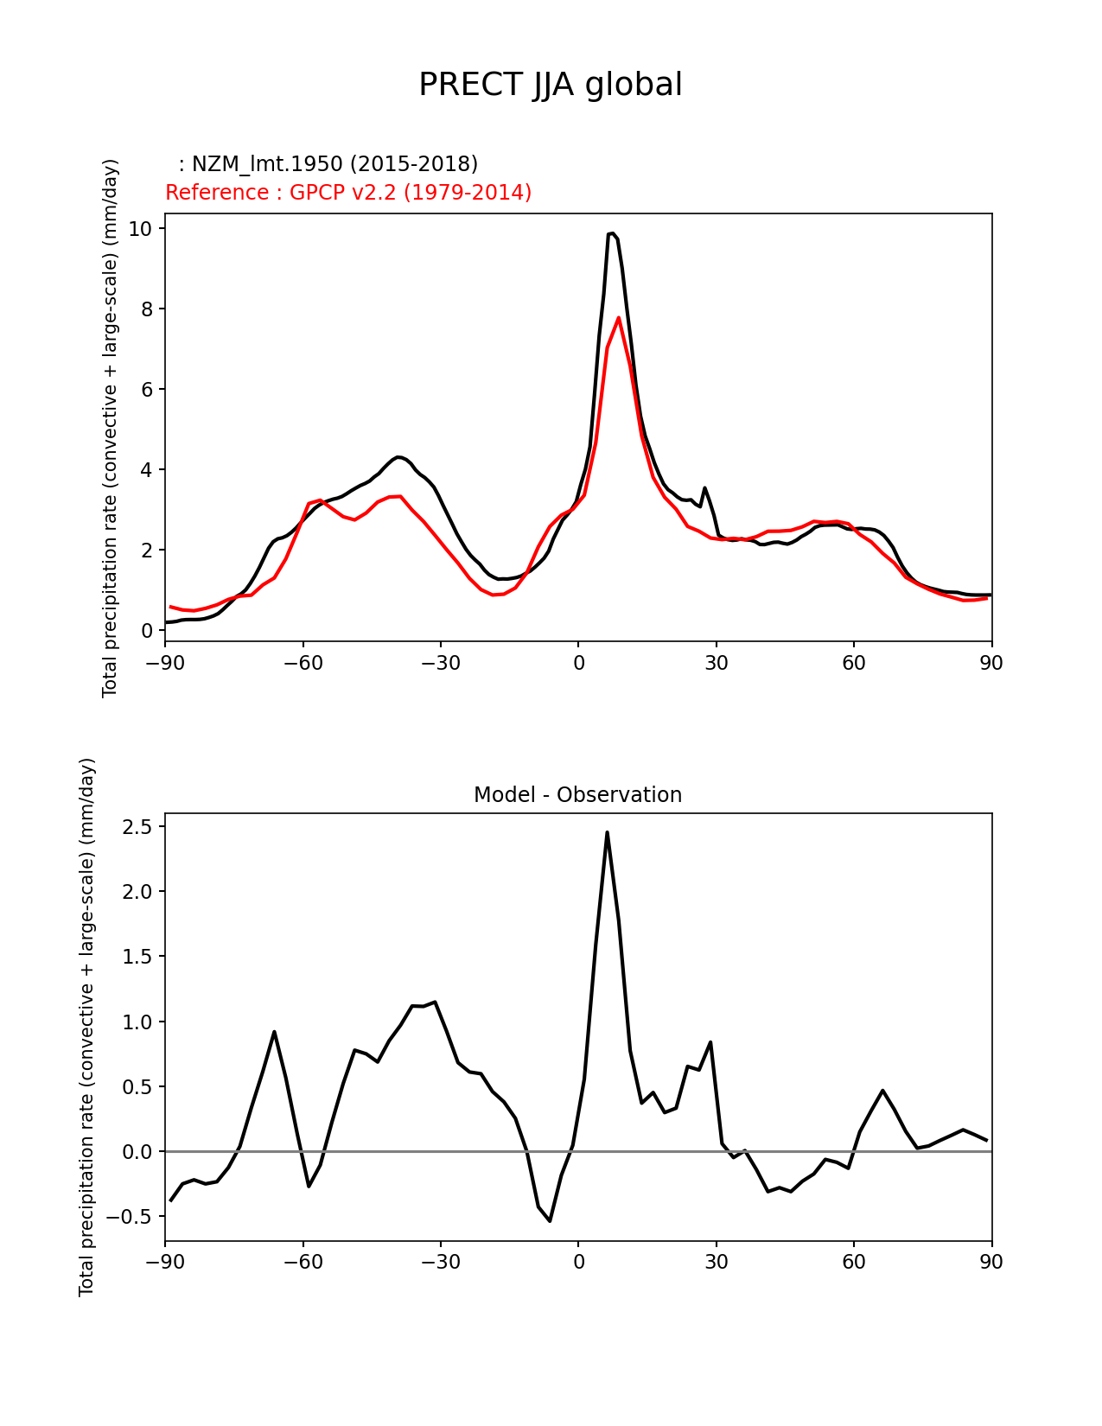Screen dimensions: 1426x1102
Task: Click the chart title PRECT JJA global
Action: [x=551, y=85]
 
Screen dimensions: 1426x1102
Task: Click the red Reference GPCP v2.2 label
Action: [x=348, y=193]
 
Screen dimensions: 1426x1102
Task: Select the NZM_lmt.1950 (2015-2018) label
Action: [x=328, y=164]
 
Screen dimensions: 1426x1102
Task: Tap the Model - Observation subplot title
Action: [x=577, y=795]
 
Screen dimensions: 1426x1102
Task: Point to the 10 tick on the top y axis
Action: [x=141, y=229]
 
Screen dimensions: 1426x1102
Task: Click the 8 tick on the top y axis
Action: [x=146, y=309]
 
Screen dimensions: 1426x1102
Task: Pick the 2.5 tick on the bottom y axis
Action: [x=138, y=827]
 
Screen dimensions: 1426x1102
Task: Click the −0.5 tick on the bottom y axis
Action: [x=131, y=1217]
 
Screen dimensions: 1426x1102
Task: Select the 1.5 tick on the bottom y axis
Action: [x=138, y=957]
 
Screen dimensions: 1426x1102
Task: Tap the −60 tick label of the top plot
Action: [x=303, y=663]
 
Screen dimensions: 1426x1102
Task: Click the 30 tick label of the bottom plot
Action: [x=717, y=1262]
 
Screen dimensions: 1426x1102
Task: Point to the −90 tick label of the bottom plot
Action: [x=165, y=1262]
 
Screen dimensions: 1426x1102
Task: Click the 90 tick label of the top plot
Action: [x=991, y=663]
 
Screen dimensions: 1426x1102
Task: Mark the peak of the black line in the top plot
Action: [x=611, y=233]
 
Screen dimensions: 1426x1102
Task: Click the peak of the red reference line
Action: [x=619, y=318]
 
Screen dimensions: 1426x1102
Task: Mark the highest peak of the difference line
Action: [x=607, y=832]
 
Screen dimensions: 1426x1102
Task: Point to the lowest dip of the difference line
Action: [x=550, y=1220]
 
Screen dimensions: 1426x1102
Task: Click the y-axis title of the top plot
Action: [x=110, y=428]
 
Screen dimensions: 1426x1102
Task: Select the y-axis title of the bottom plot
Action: [x=86, y=1027]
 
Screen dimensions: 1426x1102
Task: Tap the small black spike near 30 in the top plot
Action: [x=704, y=488]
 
